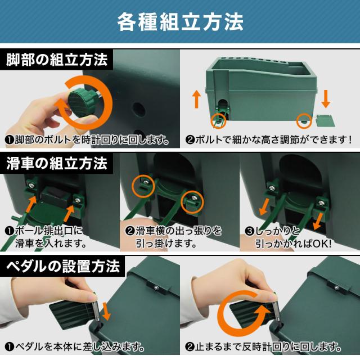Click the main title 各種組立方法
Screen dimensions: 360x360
(180, 22)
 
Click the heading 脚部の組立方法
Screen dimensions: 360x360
(57, 60)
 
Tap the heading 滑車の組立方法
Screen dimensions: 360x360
(57, 163)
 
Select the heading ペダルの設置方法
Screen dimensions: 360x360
(63, 266)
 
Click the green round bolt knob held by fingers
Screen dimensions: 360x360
(80, 103)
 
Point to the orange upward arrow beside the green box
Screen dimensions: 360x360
(196, 99)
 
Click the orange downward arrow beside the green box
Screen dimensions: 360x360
(326, 99)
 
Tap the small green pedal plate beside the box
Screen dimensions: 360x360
(324, 120)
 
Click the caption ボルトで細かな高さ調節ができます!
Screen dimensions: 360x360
(269, 139)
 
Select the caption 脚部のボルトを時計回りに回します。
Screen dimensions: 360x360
(87, 139)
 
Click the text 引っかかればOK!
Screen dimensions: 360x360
(294, 244)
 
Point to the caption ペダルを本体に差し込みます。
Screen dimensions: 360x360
(75, 346)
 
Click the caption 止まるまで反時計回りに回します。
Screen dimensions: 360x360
(263, 346)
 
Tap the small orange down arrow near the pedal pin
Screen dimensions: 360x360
(106, 311)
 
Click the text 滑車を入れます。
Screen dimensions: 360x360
(51, 244)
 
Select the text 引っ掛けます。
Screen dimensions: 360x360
(166, 244)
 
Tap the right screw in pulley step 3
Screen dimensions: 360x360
(322, 202)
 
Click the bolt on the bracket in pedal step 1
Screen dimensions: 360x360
(156, 287)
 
